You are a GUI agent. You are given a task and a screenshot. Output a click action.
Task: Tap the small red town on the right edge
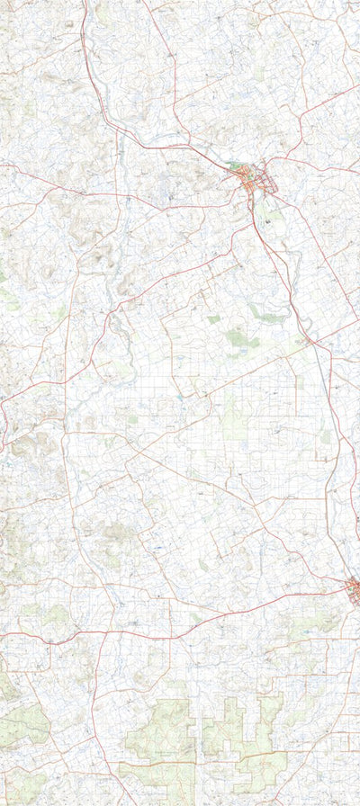pos(354,589)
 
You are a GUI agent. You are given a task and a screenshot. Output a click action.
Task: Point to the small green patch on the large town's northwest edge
pos(236,166)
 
